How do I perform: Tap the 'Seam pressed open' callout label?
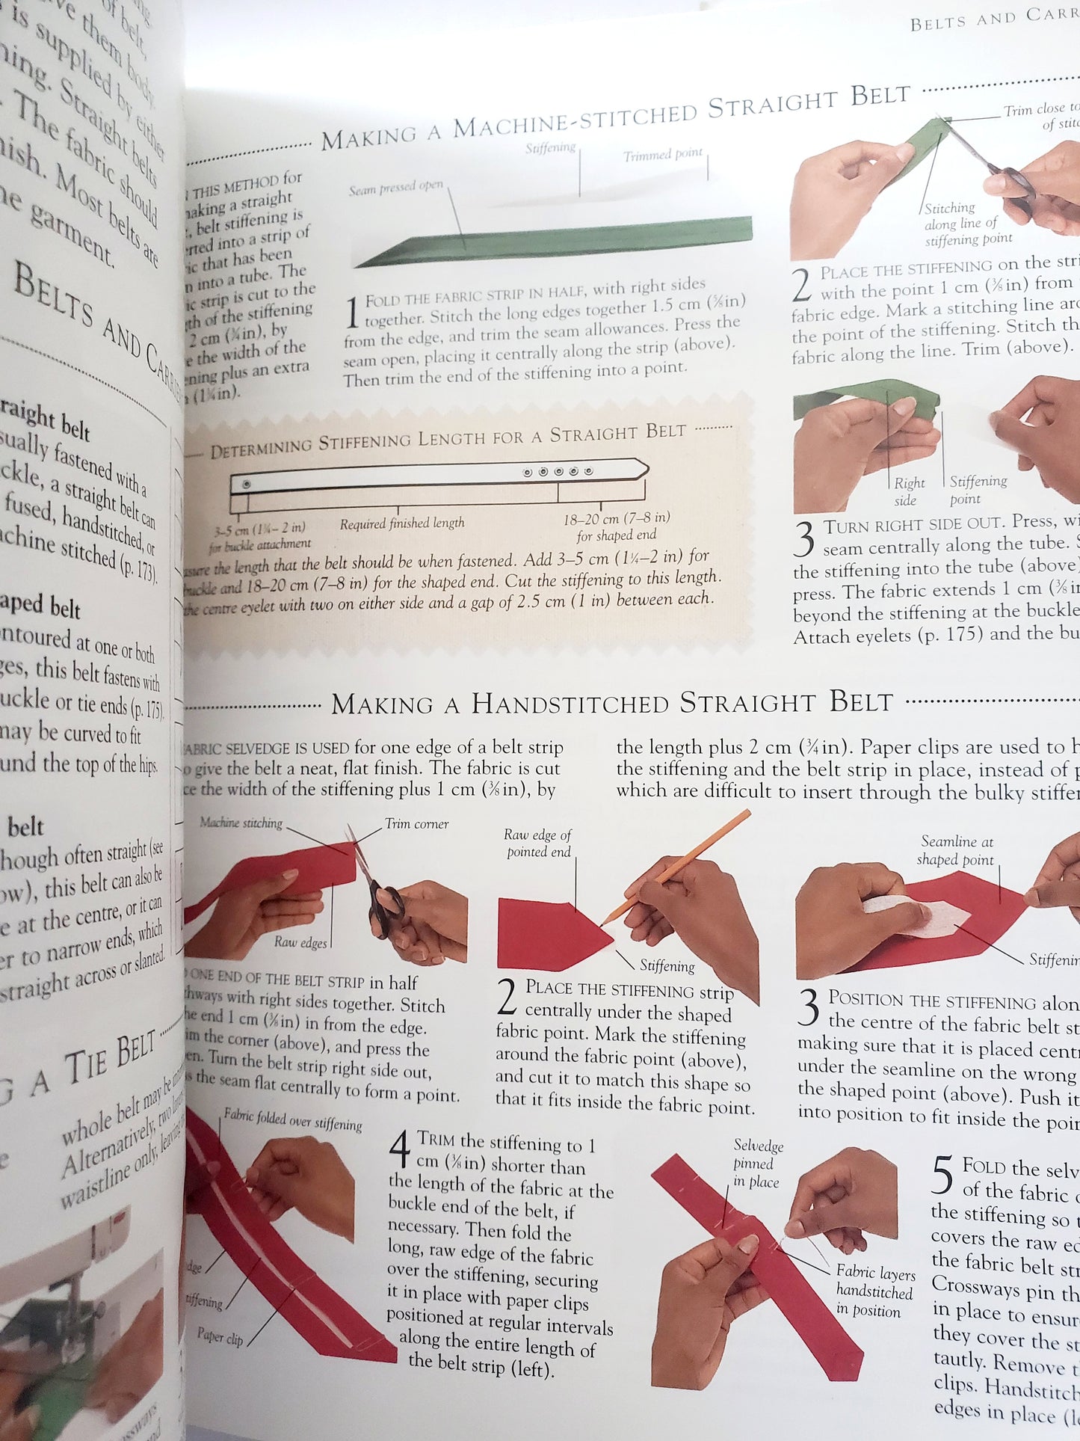click(395, 188)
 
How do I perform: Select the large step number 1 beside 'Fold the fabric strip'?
click(352, 313)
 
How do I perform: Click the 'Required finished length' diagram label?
click(402, 523)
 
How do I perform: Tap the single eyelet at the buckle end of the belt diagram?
click(246, 485)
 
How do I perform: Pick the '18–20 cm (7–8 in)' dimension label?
click(617, 518)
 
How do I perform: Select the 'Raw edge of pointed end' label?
click(538, 844)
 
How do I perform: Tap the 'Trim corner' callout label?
click(416, 824)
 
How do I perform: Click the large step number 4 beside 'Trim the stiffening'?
click(401, 1149)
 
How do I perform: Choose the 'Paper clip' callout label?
click(220, 1335)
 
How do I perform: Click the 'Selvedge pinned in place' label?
click(757, 1164)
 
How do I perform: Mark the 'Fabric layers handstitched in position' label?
click(874, 1291)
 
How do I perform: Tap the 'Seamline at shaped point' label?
click(956, 850)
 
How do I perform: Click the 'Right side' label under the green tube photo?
click(909, 491)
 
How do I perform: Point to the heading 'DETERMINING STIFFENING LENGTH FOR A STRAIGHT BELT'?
click(448, 440)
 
